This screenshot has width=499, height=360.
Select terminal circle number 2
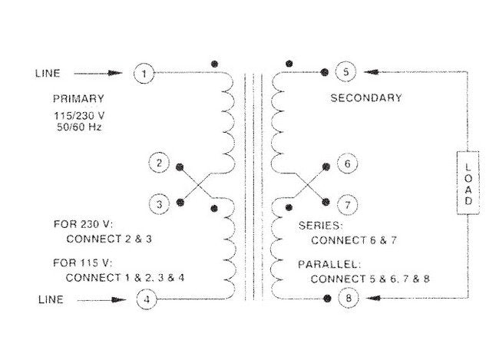coord(159,163)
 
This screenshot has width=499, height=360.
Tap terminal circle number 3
coord(159,205)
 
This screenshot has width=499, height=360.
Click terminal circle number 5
coord(346,73)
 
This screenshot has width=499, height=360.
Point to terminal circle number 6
coord(346,163)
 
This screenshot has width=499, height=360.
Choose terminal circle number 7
coord(346,205)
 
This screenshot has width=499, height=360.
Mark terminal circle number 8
coord(346,298)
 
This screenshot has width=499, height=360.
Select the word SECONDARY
coord(366,98)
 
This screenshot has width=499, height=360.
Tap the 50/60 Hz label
coord(78,126)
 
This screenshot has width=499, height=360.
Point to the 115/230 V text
coord(78,114)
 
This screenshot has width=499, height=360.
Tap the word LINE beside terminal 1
coord(48,74)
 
